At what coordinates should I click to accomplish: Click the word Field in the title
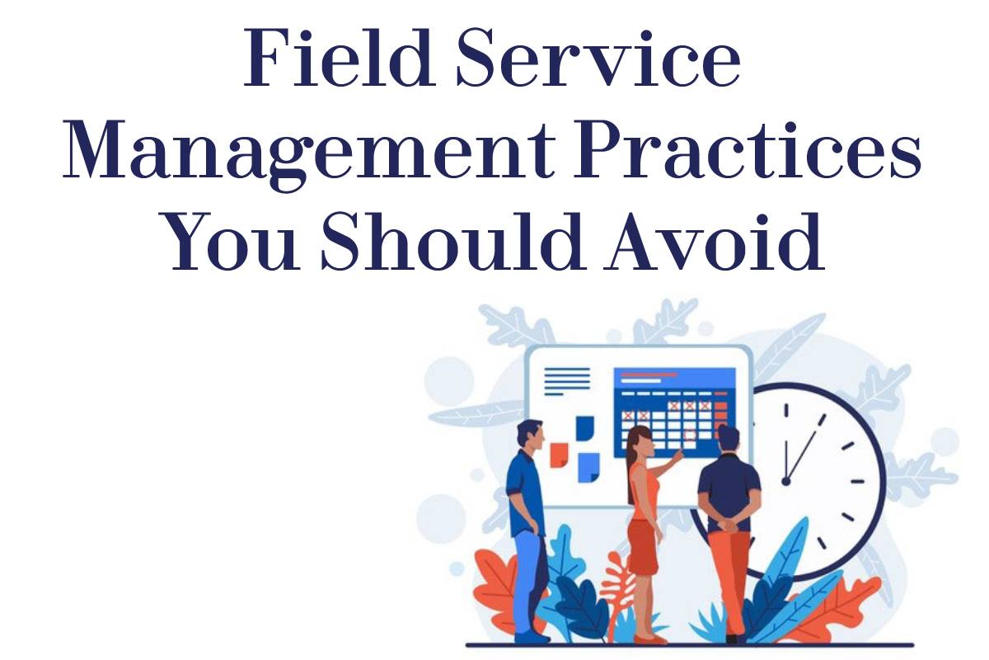pos(338,58)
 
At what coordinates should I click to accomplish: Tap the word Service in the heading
pos(598,58)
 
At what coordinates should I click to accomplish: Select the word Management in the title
pos(308,153)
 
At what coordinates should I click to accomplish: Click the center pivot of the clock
pos(786,482)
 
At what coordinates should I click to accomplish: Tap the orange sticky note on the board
pos(559,455)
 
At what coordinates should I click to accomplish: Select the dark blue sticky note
pos(585,428)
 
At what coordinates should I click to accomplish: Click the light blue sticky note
pos(588,467)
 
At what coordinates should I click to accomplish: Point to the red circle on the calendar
pos(690,435)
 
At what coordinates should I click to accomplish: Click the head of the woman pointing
pos(640,442)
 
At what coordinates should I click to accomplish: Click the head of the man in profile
pos(530,435)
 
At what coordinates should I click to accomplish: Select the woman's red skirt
pos(642,547)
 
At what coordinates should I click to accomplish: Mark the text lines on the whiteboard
pos(567,381)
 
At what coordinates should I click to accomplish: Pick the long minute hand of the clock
pos(805,448)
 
